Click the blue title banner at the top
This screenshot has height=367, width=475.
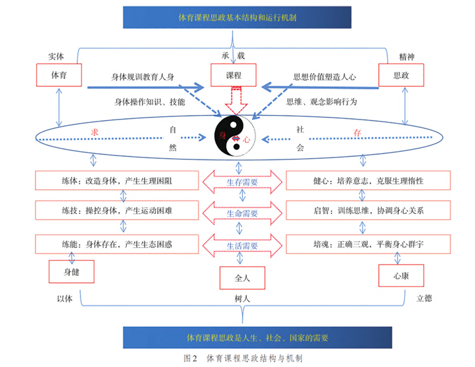click(237, 17)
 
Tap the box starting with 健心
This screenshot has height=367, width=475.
click(362, 181)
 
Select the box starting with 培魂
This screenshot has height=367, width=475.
click(362, 243)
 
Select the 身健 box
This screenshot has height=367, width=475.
click(72, 271)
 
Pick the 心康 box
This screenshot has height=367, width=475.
click(401, 275)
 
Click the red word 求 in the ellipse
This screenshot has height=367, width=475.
click(96, 131)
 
